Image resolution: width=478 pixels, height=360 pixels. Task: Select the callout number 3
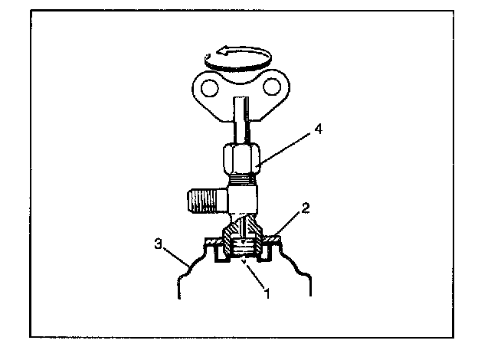159,246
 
